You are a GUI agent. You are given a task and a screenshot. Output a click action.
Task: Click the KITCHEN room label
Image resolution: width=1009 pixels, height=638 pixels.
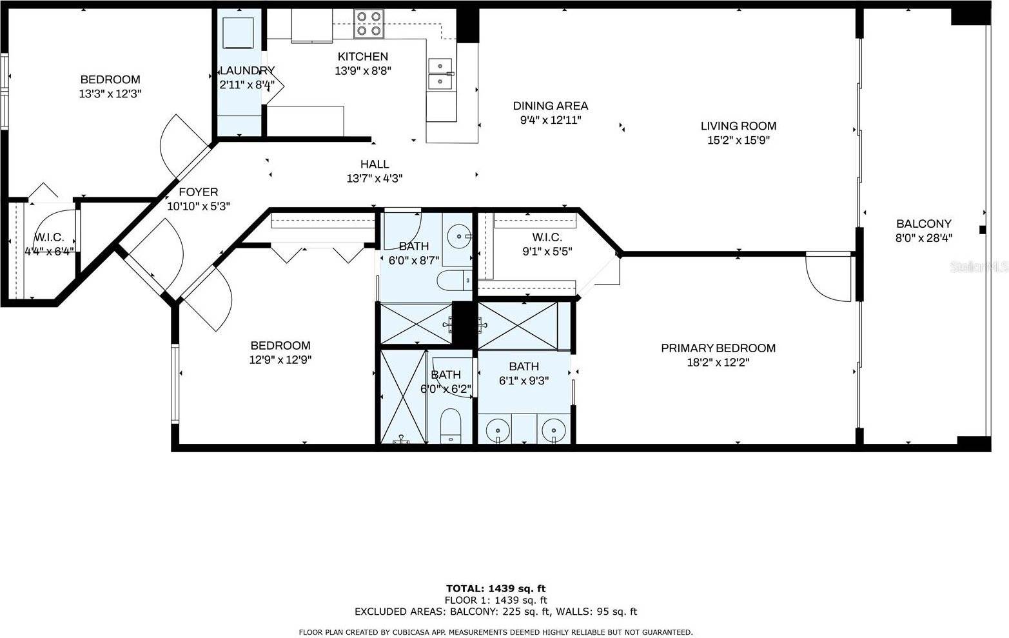click(363, 57)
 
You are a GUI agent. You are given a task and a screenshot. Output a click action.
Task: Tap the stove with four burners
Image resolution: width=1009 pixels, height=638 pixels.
click(369, 24)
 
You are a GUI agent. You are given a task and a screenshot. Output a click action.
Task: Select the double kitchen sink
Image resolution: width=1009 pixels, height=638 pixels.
click(441, 74)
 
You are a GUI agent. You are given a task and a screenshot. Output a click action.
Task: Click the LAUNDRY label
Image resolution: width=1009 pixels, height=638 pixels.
click(247, 70)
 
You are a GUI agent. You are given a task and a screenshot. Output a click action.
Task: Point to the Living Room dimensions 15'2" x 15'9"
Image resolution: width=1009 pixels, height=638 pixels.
click(738, 140)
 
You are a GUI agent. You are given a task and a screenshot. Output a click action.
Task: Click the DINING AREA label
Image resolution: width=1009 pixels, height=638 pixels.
click(550, 106)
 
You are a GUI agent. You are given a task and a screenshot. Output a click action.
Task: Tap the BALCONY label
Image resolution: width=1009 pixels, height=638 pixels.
click(923, 224)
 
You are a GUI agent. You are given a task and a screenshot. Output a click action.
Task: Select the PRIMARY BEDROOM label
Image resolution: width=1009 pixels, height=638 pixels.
click(718, 348)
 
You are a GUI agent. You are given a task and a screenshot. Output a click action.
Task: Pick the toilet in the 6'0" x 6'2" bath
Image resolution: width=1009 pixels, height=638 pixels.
click(451, 427)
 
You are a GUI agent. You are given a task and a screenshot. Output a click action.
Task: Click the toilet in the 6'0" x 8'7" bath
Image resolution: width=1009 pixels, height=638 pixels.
click(454, 281)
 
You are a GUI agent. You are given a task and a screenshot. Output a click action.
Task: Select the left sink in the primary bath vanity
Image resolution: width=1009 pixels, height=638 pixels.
click(496, 430)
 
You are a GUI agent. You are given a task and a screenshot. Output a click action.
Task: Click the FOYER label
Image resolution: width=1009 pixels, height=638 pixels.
click(198, 192)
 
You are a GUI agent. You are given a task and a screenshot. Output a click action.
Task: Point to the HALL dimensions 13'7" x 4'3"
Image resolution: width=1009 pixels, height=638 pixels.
click(375, 179)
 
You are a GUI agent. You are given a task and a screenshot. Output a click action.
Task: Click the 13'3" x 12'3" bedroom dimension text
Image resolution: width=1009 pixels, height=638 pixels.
click(110, 94)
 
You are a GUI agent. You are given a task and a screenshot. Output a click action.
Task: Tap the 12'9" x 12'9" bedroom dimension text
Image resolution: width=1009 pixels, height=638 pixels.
click(280, 360)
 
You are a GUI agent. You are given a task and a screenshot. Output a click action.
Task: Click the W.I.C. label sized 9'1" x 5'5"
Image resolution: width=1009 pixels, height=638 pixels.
click(547, 237)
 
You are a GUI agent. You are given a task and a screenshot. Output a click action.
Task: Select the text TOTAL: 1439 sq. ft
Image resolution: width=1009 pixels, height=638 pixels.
click(495, 588)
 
